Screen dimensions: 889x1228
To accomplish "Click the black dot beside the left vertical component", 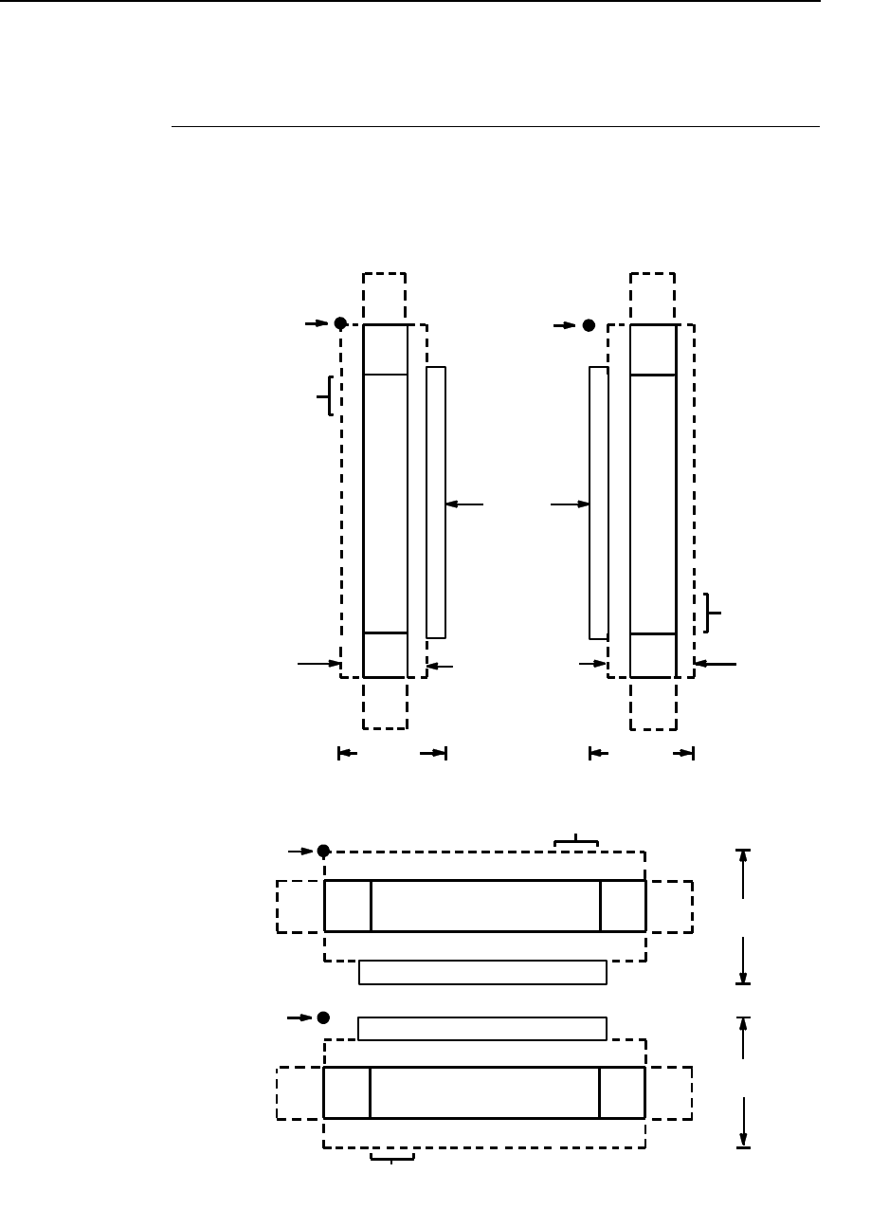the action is tap(340, 323).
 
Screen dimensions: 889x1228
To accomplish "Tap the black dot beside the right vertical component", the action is tap(589, 325).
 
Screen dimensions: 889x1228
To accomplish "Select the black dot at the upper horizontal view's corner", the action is tap(323, 851).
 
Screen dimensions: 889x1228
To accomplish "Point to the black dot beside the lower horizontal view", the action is tap(323, 1017).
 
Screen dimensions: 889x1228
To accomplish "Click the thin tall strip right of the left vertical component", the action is tap(436, 502).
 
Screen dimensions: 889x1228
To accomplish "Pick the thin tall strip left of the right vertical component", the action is tap(598, 502).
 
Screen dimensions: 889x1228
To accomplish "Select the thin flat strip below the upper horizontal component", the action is tap(482, 972).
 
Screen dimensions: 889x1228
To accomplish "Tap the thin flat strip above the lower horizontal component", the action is tap(482, 1028).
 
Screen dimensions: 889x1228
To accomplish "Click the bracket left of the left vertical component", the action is tap(327, 395).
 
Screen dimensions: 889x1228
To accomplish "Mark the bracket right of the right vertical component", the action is tap(712, 613).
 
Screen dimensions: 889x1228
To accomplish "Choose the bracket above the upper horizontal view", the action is tap(576, 840).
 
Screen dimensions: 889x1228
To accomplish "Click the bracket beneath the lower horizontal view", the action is tap(392, 1157).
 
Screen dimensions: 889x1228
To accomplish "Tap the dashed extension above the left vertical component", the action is tap(385, 298).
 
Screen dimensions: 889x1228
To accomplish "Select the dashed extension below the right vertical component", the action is tap(653, 704).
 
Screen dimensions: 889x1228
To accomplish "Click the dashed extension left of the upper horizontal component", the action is tap(300, 906).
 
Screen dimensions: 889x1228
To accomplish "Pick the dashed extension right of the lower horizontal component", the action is tap(668, 1092).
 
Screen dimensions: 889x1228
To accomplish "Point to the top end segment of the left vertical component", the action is tap(386, 349).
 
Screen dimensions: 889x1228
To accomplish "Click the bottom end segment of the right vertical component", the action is tap(653, 654).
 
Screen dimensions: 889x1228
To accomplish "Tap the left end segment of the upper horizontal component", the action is tap(348, 906).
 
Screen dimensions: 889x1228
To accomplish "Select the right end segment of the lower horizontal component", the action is tap(622, 1092).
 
